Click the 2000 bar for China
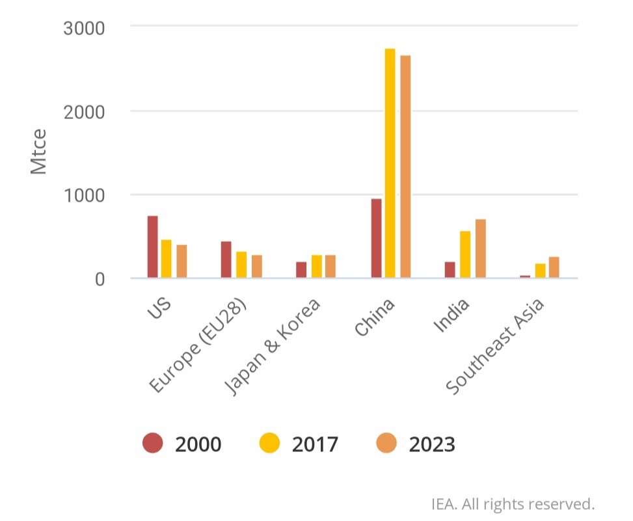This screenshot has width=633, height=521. click(376, 239)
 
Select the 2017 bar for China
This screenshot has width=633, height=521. click(390, 163)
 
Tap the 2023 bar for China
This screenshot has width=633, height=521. click(405, 167)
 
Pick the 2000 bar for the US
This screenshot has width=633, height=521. click(152, 247)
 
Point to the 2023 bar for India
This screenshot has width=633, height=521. click(481, 249)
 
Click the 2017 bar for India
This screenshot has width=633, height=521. click(465, 255)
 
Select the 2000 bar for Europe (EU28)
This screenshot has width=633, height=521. click(226, 260)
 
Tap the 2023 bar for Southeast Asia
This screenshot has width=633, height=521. click(554, 267)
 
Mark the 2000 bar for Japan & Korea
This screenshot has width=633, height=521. click(301, 270)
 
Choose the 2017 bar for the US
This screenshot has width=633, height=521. click(167, 259)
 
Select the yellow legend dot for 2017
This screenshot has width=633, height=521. click(269, 444)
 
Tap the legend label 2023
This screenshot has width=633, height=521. click(432, 444)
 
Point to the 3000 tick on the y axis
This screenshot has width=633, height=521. click(86, 28)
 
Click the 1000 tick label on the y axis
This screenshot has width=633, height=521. click(86, 195)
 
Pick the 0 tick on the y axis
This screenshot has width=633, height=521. click(100, 279)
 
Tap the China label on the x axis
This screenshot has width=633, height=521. click(375, 318)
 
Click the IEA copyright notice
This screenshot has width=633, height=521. click(513, 503)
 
